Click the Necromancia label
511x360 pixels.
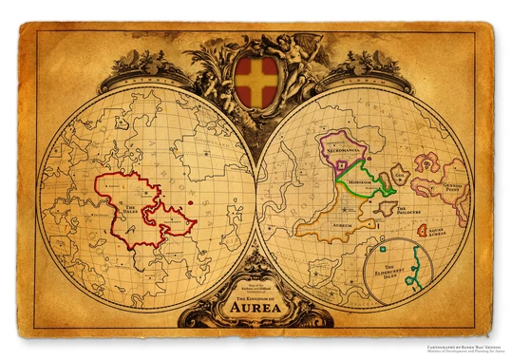click(341, 150)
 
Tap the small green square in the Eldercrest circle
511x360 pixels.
click(383, 249)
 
